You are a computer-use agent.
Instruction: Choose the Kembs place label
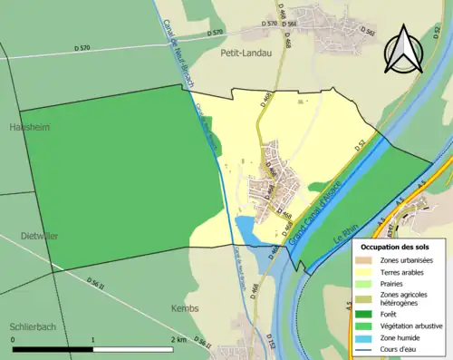[185, 308]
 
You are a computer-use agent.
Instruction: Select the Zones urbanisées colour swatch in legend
[366, 260]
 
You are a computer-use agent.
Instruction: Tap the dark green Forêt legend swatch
[366, 315]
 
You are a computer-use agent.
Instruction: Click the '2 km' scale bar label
[180, 339]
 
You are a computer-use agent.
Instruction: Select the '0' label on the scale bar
[14, 339]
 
